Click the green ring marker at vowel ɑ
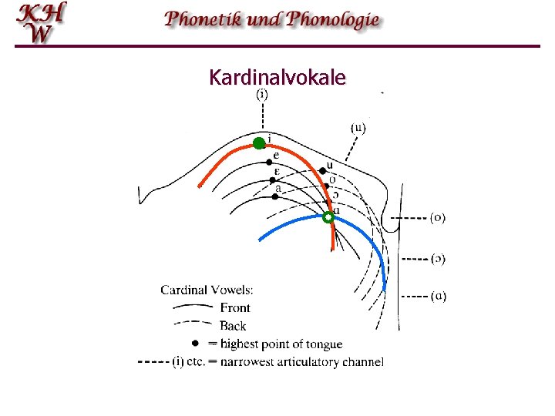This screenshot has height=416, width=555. [328, 218]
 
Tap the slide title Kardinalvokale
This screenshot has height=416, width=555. [277, 78]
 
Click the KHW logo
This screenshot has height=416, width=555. [43, 22]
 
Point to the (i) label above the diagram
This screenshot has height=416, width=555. [262, 96]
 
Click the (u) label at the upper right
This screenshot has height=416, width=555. [358, 127]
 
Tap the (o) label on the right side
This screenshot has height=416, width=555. [438, 217]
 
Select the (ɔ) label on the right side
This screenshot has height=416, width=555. [438, 258]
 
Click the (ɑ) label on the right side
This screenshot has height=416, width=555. [438, 295]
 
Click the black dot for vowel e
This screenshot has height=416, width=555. [270, 162]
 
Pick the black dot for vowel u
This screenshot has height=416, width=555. [321, 170]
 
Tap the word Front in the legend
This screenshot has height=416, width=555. [235, 308]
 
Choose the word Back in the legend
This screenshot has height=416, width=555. [234, 326]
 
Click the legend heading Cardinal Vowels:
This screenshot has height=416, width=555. [207, 290]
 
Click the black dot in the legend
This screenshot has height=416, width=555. [196, 344]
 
